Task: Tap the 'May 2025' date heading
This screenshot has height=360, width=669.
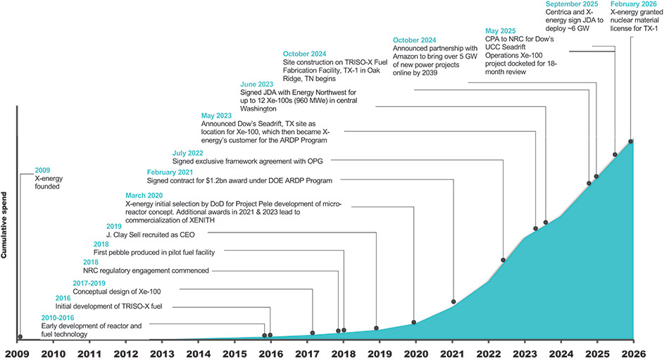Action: [x=502, y=31]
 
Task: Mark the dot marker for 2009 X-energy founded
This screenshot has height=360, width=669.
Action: [x=20, y=337]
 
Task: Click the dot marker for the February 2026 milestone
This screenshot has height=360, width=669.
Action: [x=631, y=141]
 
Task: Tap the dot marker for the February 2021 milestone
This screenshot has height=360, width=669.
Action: [x=454, y=302]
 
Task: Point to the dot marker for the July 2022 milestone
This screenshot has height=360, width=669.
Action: [x=503, y=260]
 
